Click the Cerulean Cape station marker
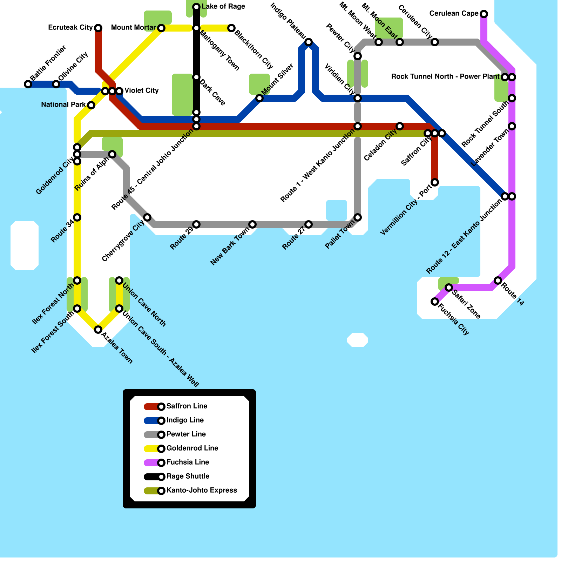(x=484, y=14)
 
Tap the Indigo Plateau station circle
(x=309, y=42)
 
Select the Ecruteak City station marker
(x=98, y=28)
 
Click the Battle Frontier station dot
(x=28, y=84)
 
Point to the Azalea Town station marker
(x=98, y=330)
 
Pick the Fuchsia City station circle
(x=435, y=302)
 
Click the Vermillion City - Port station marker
(x=435, y=182)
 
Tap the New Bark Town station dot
(x=252, y=224)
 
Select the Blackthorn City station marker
(x=231, y=28)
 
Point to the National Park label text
(x=63, y=105)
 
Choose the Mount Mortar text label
(x=134, y=28)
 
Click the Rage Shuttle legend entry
(x=188, y=476)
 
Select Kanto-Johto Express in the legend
(x=202, y=491)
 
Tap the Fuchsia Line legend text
(x=188, y=462)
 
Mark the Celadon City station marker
(x=400, y=126)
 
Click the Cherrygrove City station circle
(x=147, y=217)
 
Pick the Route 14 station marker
(x=498, y=280)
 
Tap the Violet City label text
(x=142, y=91)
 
